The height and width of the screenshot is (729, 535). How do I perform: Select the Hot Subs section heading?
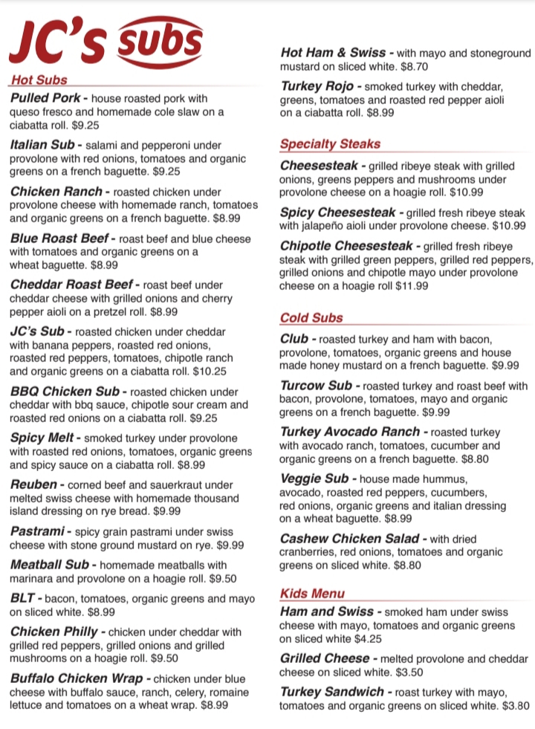click(39, 80)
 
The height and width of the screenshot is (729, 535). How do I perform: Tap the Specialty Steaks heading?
click(330, 144)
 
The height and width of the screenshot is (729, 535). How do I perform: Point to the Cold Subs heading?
click(311, 318)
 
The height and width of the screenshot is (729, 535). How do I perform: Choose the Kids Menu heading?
click(312, 593)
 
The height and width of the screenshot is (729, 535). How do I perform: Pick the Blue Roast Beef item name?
click(59, 239)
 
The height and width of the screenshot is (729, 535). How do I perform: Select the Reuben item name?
click(33, 485)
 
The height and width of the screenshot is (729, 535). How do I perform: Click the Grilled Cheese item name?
click(324, 658)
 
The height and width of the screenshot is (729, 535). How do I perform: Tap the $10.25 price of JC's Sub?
click(210, 371)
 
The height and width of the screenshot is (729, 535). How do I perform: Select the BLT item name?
click(22, 598)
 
